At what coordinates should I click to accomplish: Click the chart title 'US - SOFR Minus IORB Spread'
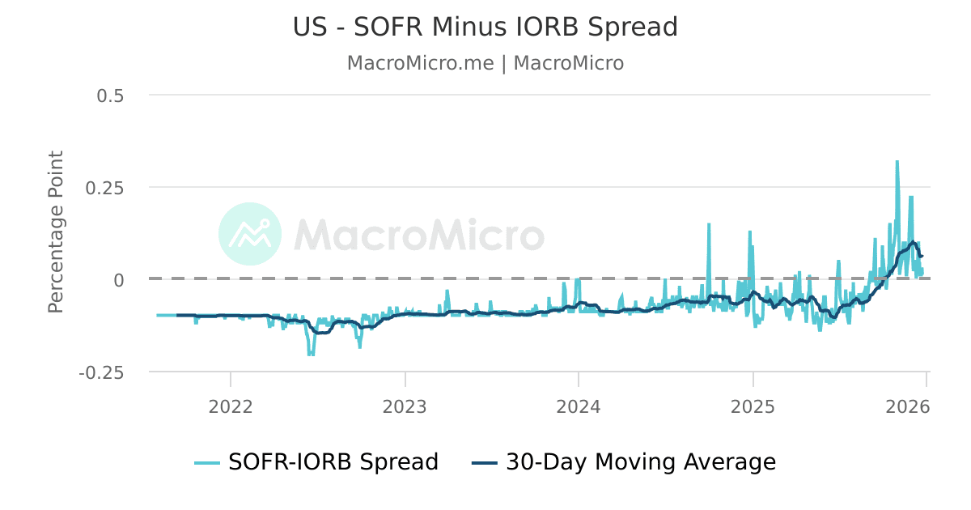(485, 27)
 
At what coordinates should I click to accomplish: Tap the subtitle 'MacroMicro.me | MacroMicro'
(485, 63)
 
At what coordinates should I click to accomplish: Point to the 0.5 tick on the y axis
(110, 96)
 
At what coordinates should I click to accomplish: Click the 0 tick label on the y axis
(118, 280)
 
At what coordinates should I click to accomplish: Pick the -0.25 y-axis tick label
(101, 372)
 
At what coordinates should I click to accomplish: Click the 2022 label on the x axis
(231, 406)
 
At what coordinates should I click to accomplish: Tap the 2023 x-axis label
(405, 406)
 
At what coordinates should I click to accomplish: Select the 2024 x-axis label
(579, 406)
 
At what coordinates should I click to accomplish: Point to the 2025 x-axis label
(753, 406)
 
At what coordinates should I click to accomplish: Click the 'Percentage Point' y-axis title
(56, 232)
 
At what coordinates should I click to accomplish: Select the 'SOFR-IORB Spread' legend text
(333, 462)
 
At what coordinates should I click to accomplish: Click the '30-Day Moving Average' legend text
(641, 462)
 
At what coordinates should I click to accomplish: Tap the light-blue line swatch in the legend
(207, 463)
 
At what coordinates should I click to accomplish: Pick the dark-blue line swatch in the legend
(484, 463)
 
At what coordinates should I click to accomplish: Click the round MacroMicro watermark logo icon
(250, 234)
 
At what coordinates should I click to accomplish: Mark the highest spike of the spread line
(897, 162)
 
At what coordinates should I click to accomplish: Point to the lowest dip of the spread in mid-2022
(310, 354)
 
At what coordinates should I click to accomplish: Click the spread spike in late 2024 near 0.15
(709, 225)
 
